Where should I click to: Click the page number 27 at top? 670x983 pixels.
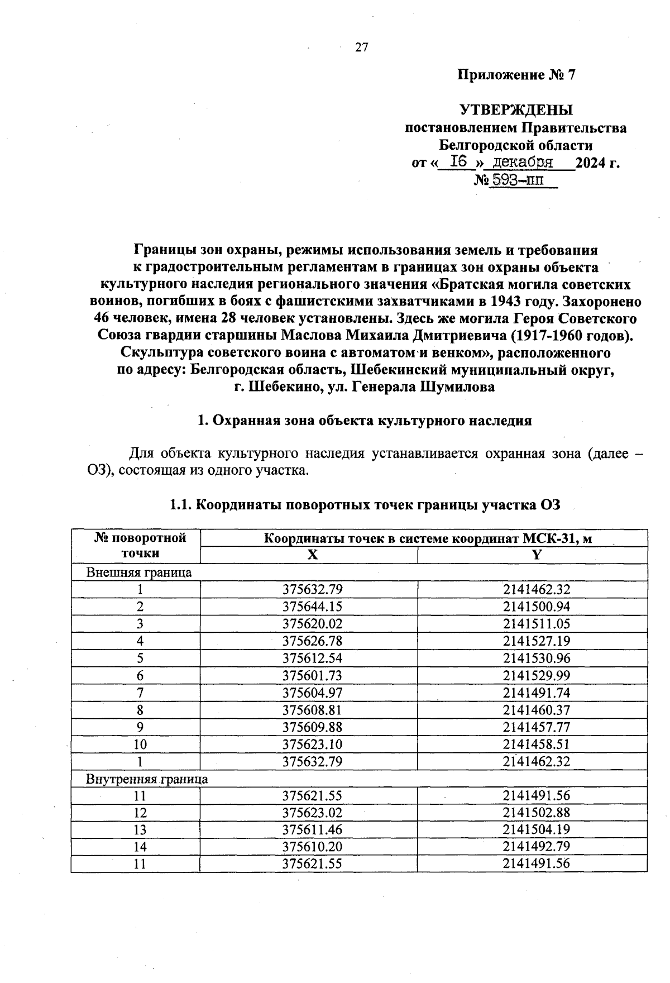tap(361, 47)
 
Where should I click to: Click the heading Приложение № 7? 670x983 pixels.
tap(516, 75)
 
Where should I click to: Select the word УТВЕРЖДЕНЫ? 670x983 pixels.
tap(516, 109)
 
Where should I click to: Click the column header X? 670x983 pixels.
tap(312, 554)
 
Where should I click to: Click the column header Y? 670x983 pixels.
tap(537, 554)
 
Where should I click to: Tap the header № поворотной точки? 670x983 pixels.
tap(140, 546)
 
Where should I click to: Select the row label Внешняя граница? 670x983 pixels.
tap(138, 572)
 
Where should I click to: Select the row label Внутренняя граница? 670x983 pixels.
tap(147, 779)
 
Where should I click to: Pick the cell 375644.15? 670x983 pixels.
tap(312, 607)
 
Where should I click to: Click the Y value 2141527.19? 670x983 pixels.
tap(537, 641)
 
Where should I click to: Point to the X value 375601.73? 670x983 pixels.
tap(312, 675)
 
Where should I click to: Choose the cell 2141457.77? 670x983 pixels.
tap(537, 727)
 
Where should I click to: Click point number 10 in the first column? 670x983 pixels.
tap(140, 744)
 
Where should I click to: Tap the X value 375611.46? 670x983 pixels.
tap(312, 829)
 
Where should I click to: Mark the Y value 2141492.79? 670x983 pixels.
tap(537, 846)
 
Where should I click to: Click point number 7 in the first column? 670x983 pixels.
tap(140, 693)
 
